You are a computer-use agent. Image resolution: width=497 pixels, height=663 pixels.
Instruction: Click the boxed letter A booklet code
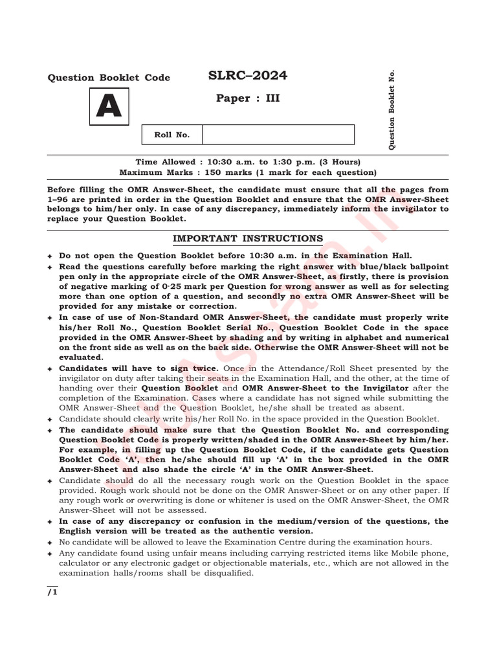[x=109, y=107]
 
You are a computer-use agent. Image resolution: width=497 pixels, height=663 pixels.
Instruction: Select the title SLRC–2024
[x=248, y=76]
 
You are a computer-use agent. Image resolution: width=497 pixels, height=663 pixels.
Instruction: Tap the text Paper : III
[x=248, y=98]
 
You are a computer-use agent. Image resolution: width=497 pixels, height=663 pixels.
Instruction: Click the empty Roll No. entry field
[x=278, y=135]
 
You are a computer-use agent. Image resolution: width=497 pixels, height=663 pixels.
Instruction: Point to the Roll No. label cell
[x=172, y=135]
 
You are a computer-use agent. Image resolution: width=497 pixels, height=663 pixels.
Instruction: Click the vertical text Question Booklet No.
[x=392, y=109]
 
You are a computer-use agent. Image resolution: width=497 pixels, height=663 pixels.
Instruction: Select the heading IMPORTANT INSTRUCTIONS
[x=248, y=238]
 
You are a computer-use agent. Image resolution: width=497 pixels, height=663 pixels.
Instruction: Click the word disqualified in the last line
[x=229, y=573]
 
